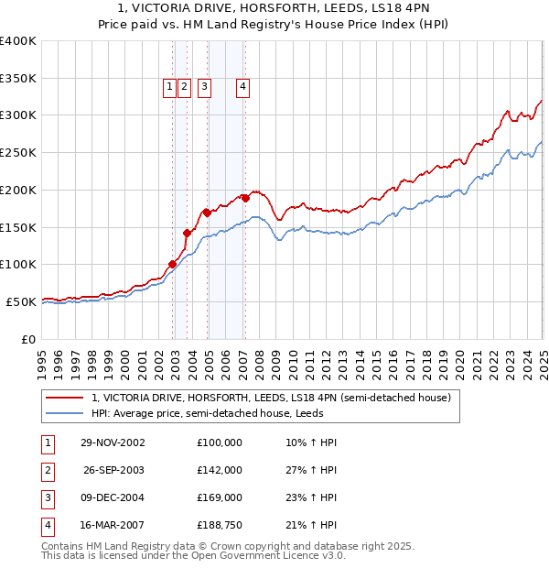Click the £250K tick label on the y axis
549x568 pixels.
(x=17, y=153)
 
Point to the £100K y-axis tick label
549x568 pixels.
(x=17, y=265)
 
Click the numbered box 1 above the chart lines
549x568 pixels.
(x=170, y=87)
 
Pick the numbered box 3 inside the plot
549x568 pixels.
(x=203, y=87)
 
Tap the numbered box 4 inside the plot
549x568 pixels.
(x=243, y=87)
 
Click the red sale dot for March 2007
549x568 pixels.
(x=245, y=198)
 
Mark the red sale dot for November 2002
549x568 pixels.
(x=173, y=264)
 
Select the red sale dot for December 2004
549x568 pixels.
(x=208, y=213)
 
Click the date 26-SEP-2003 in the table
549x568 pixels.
(x=113, y=470)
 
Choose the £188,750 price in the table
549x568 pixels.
(x=220, y=526)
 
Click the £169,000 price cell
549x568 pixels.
(x=220, y=498)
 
